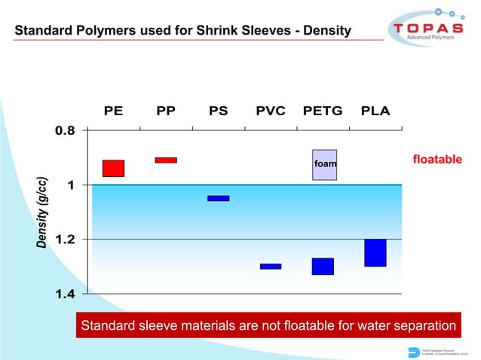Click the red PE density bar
click(x=113, y=168)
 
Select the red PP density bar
click(x=166, y=160)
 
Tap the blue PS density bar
click(x=219, y=198)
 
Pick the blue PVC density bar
click(x=271, y=266)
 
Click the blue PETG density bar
click(x=323, y=266)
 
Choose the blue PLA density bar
click(x=375, y=252)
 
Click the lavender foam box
click(x=324, y=164)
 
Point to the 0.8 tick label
click(x=64, y=130)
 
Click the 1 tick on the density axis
click(x=70, y=185)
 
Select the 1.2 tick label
click(x=64, y=239)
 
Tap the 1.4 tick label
click(x=64, y=294)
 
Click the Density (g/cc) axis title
click(x=43, y=213)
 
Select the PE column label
click(x=114, y=111)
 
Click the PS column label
click(x=219, y=111)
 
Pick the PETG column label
click(x=323, y=111)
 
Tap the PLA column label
click(x=375, y=111)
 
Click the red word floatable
click(x=437, y=160)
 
